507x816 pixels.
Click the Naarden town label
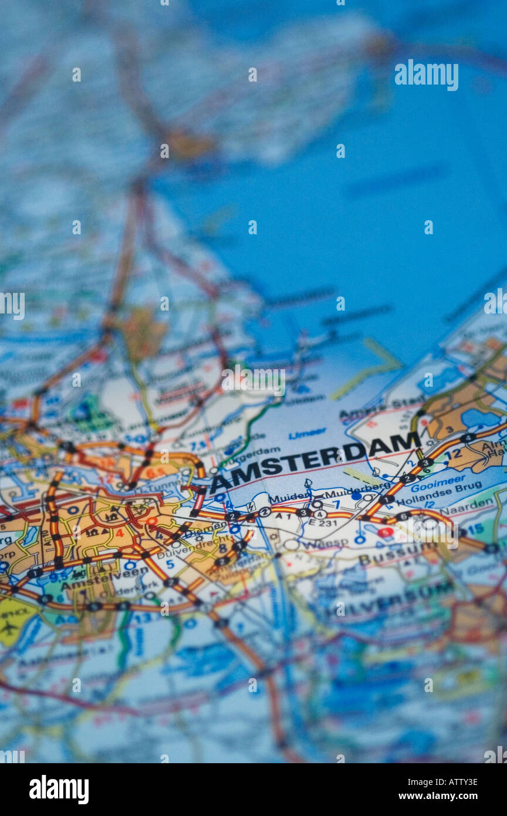coord(475,504)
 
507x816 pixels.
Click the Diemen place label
coord(206,527)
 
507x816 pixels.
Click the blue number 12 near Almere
coord(452,454)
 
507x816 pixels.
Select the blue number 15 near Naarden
coord(475,528)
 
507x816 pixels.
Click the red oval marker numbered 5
coord(386,532)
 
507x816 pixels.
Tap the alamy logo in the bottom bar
coord(59,790)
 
